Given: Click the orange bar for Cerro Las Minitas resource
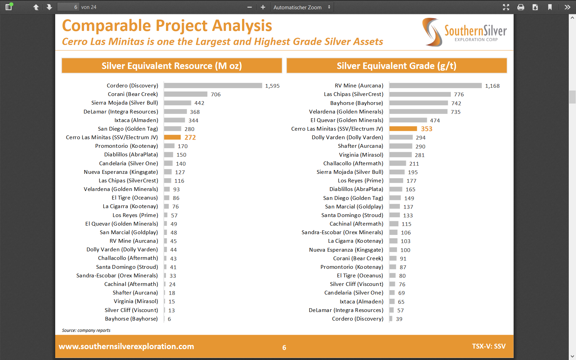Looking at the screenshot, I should tap(172, 137).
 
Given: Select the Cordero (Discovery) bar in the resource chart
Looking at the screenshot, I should tap(213, 86).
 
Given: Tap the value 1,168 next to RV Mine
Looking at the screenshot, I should tap(492, 86).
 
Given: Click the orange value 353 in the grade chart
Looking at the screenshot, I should tap(427, 129).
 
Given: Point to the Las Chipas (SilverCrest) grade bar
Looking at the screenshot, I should tap(420, 94).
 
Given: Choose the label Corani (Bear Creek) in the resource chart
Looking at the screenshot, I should tap(133, 94).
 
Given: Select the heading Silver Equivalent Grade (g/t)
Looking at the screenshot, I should tap(396, 66).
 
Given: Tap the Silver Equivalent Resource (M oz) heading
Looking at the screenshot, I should tap(171, 66).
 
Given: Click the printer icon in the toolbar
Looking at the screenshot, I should tap(520, 7).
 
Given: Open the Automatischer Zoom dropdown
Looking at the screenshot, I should tap(302, 7).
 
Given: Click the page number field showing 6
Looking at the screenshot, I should tap(69, 7).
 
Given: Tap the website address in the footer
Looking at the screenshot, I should tap(126, 347).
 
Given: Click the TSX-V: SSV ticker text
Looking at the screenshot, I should tap(489, 346).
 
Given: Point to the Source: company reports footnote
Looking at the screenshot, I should tap(86, 331).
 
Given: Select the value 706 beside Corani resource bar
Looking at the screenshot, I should tap(216, 95).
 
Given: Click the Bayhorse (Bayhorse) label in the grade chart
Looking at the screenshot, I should tap(357, 103).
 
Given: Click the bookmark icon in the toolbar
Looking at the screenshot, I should tap(550, 7).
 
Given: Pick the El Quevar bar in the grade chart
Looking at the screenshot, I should tap(408, 120).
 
